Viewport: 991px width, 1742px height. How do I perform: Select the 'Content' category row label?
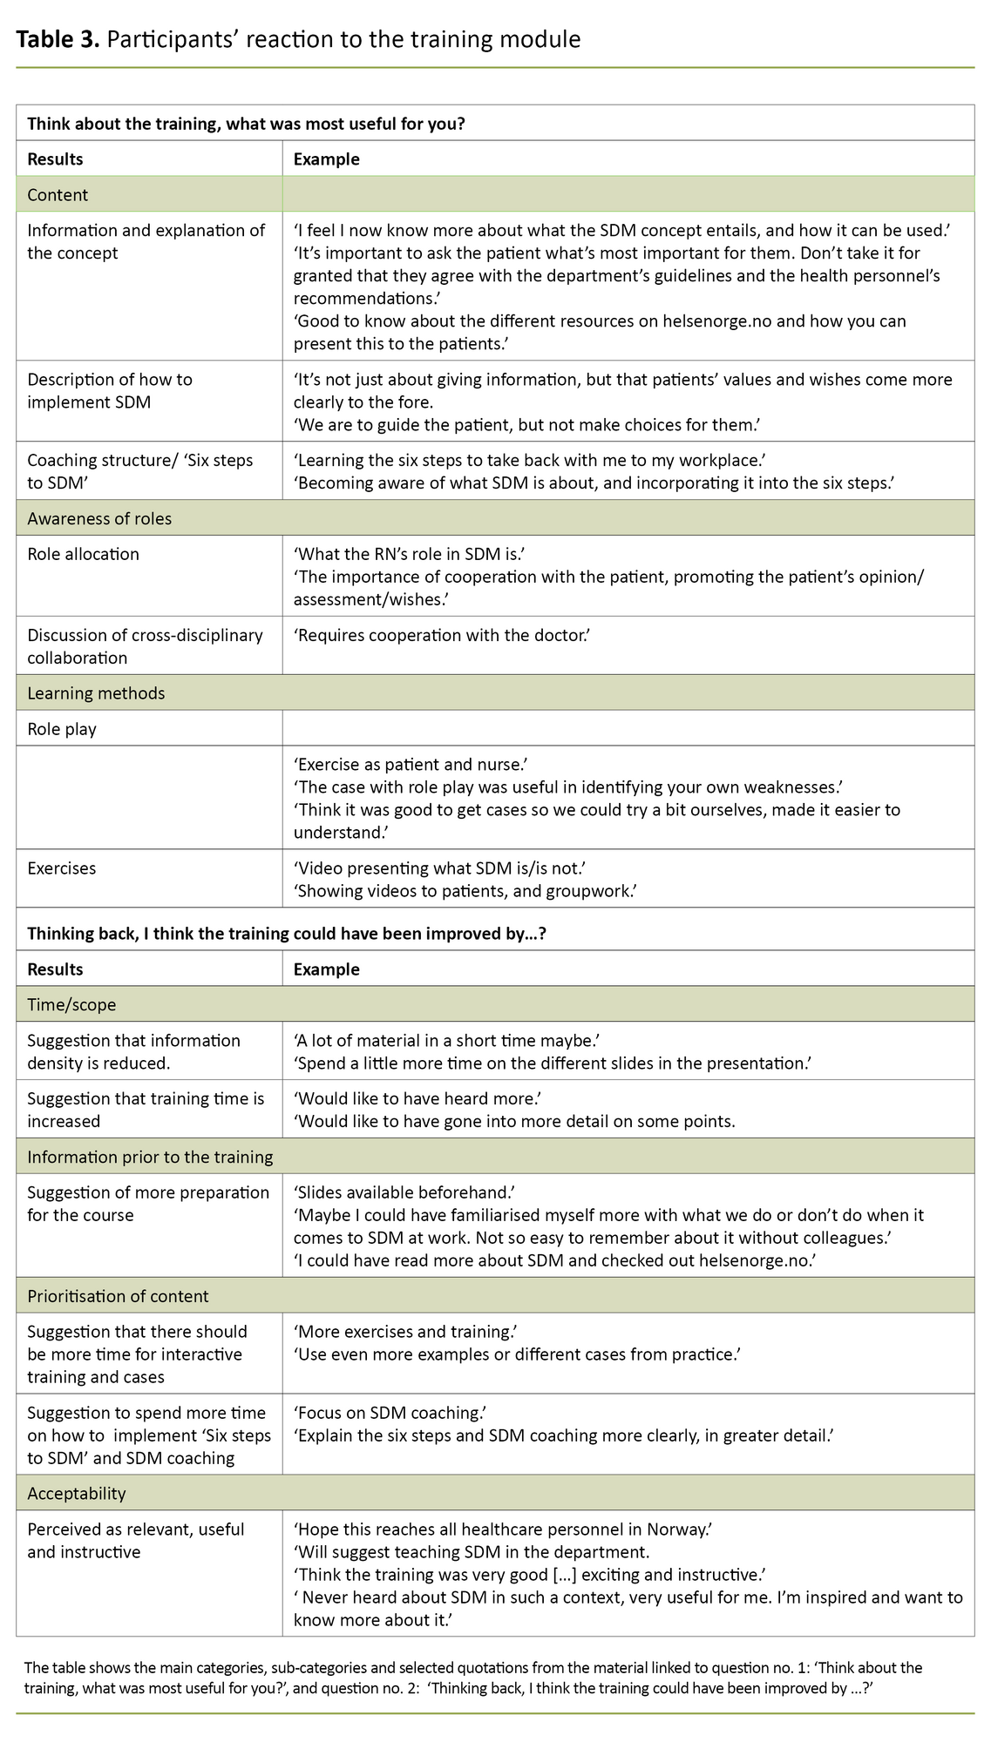click(58, 195)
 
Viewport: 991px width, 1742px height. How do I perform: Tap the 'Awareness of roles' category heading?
click(99, 518)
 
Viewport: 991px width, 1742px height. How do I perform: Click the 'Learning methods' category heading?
click(96, 693)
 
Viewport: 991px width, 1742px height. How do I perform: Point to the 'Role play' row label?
click(62, 729)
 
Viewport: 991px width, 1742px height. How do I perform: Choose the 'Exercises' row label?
click(62, 868)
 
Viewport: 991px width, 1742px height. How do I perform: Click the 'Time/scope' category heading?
click(71, 1004)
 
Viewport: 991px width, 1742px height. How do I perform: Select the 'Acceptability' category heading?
click(77, 1493)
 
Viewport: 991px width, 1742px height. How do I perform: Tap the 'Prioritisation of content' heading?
click(118, 1296)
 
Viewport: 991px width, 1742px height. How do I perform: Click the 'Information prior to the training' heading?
click(150, 1157)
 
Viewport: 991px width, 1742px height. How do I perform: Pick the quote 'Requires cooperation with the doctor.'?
click(442, 635)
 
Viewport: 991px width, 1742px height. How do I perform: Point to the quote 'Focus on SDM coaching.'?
click(390, 1413)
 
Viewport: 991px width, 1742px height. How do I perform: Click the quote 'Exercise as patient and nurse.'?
click(411, 765)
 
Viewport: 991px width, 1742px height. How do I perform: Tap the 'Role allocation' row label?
click(83, 554)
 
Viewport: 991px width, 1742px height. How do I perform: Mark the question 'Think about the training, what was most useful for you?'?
click(246, 124)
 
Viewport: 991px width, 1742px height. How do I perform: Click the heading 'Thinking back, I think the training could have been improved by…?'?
click(287, 934)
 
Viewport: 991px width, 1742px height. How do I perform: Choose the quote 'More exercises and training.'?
click(406, 1332)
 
